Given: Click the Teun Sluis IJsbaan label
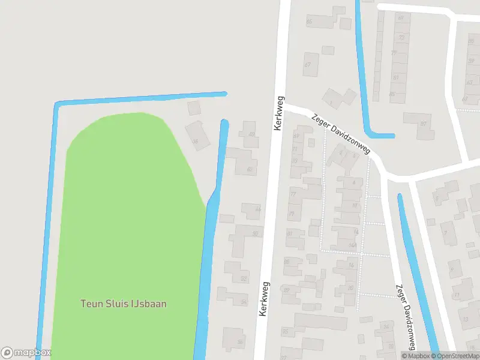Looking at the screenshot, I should click(124, 304).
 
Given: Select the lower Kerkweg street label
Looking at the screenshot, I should click(264, 299).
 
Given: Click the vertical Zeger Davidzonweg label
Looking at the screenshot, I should click(405, 316).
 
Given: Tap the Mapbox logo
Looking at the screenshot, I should click(26, 353).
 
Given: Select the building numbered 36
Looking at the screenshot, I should click(197, 136).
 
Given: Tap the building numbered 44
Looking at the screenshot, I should click(251, 210).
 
